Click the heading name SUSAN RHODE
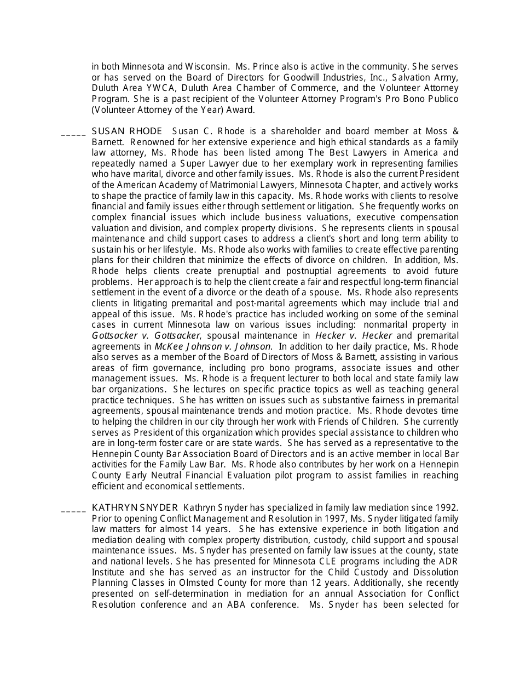point(126,132)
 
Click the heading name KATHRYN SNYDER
point(135,507)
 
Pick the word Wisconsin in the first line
point(201,66)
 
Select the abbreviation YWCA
point(161,88)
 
